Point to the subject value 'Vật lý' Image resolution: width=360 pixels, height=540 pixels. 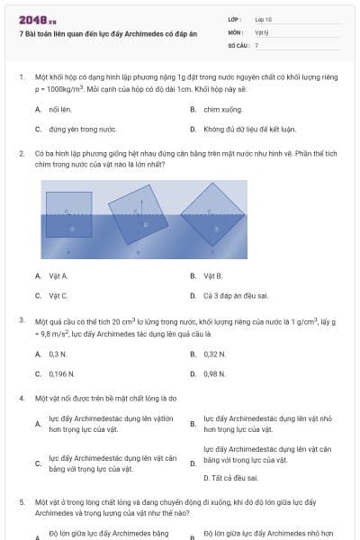(x=262, y=31)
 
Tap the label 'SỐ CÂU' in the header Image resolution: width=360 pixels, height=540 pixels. (x=238, y=44)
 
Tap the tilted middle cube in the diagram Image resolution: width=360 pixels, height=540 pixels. (x=137, y=217)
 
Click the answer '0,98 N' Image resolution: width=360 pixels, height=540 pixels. (x=214, y=373)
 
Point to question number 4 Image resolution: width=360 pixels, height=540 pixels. (x=22, y=397)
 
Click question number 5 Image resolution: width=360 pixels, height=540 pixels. (x=22, y=500)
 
